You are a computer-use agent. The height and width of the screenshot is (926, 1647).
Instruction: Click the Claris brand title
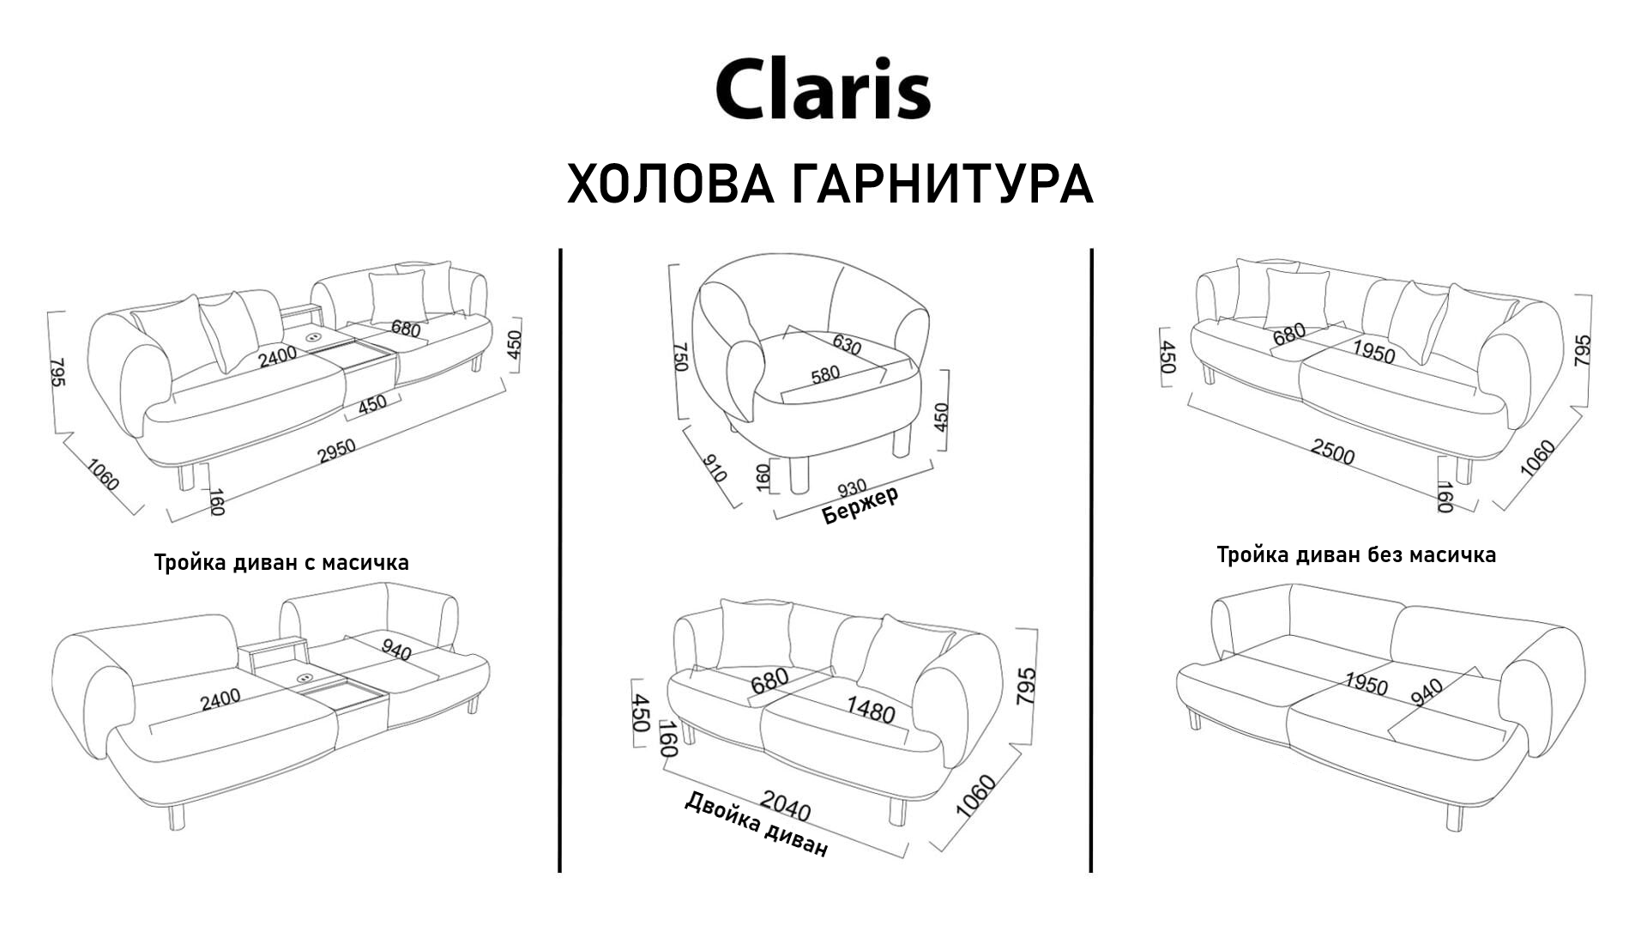(x=823, y=88)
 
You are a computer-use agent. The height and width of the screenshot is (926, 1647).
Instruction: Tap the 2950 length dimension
(x=336, y=451)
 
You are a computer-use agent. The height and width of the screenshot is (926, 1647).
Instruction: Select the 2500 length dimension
(x=1332, y=451)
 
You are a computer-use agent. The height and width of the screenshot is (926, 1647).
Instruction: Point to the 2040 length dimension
(x=785, y=807)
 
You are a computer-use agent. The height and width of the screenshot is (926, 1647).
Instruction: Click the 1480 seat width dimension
(x=871, y=710)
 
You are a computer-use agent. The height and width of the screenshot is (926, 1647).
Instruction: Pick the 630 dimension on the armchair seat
(x=846, y=344)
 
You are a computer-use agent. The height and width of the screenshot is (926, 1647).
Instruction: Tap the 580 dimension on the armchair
(x=824, y=375)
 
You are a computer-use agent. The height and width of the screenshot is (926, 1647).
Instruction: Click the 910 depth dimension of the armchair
(x=714, y=468)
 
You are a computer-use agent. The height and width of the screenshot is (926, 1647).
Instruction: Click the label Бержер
(x=860, y=506)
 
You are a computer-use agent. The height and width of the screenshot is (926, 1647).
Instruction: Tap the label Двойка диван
(x=756, y=824)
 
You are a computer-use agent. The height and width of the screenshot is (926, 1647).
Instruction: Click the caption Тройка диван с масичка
(x=281, y=563)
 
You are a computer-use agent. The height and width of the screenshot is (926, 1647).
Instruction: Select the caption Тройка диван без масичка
(x=1356, y=555)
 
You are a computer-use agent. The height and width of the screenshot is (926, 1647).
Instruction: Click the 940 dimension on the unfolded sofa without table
(x=1426, y=692)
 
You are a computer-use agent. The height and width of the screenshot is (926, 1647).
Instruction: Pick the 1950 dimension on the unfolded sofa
(x=1366, y=684)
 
